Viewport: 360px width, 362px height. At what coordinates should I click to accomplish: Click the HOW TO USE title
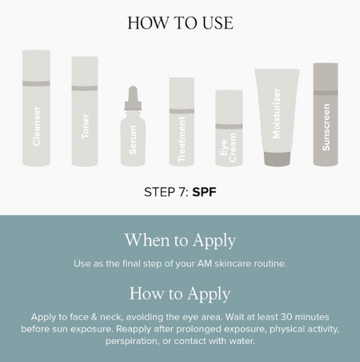(180, 22)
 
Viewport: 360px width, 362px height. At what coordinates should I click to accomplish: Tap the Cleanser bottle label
(37, 126)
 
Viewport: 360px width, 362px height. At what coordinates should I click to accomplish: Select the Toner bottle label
(85, 126)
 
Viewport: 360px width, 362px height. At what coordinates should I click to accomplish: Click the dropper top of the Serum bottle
(133, 97)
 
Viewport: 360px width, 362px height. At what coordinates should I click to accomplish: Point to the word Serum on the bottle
(133, 140)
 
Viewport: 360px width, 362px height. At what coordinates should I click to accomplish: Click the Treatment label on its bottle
(182, 139)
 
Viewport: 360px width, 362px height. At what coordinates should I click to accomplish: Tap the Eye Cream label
(228, 147)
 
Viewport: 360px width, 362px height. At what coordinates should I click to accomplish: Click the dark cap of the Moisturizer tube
(277, 159)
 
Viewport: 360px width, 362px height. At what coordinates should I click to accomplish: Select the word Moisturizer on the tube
(277, 113)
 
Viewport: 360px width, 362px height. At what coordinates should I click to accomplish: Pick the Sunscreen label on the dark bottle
(326, 127)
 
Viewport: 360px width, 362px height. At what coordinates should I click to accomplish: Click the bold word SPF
(204, 192)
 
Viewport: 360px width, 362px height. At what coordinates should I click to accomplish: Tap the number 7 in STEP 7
(180, 192)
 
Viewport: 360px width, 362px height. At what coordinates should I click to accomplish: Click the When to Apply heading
(180, 241)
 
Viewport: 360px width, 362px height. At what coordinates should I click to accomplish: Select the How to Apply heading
(180, 294)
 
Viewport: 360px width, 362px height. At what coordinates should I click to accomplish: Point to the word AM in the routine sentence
(205, 264)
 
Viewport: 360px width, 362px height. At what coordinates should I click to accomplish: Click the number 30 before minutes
(286, 317)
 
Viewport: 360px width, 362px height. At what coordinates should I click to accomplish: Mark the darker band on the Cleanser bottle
(36, 83)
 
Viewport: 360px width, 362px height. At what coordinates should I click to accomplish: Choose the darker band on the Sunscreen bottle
(326, 93)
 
